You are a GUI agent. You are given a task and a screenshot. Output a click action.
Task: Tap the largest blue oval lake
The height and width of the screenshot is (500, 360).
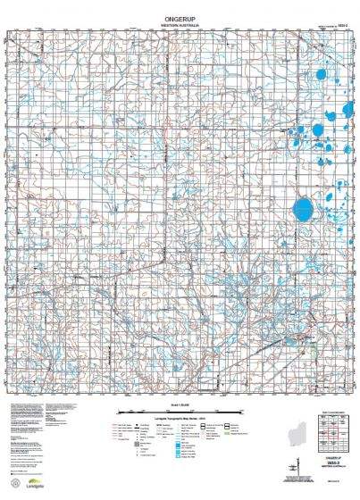(x=305, y=211)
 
